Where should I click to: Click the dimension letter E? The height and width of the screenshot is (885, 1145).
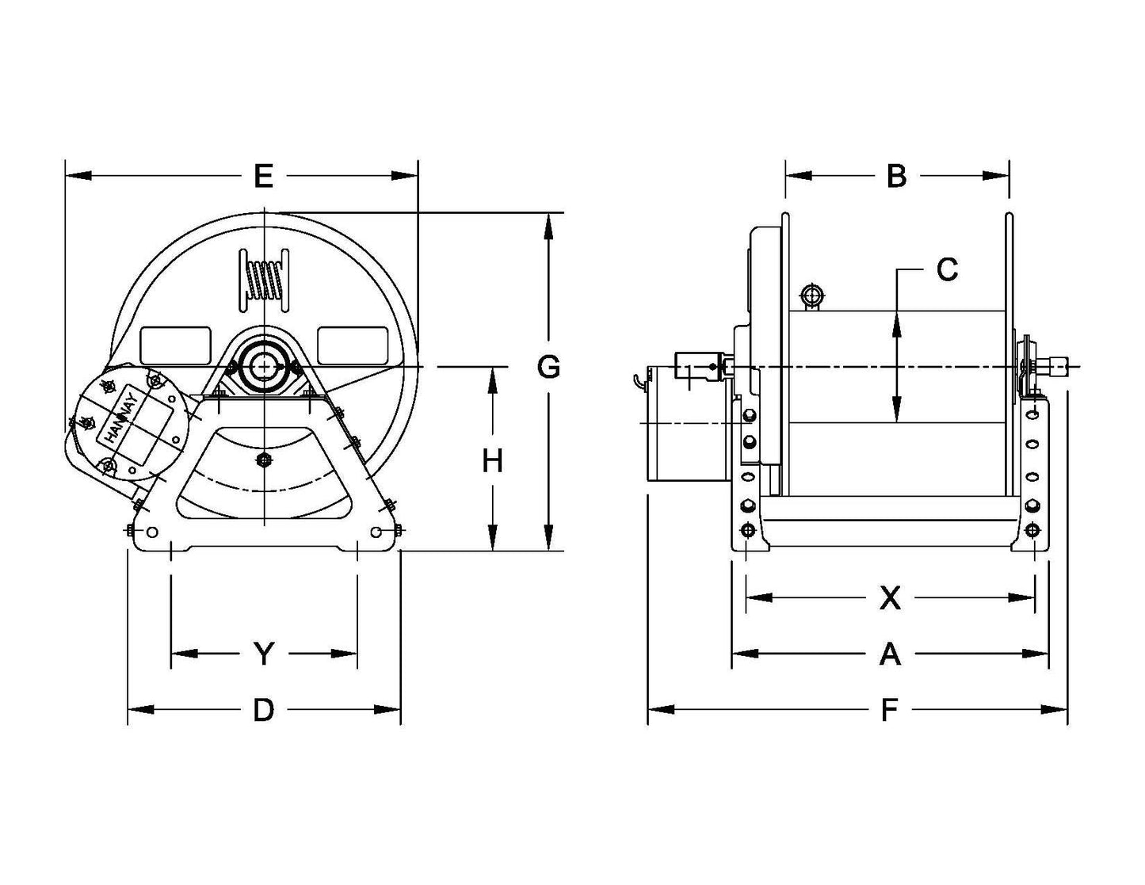[263, 176]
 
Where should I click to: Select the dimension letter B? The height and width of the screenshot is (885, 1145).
[896, 176]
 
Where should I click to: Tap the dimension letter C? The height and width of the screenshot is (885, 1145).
[947, 270]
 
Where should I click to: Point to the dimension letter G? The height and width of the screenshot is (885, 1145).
[548, 367]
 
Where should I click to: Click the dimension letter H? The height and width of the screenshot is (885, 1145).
[493, 460]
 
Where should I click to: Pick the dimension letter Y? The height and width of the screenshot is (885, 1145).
[263, 654]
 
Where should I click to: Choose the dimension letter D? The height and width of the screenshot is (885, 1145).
[263, 710]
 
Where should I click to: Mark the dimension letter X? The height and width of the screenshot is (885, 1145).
[891, 598]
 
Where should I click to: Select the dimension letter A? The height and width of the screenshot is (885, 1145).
[891, 654]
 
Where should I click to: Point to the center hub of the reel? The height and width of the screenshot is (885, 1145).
[262, 366]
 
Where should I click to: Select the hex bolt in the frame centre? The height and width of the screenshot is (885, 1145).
[263, 460]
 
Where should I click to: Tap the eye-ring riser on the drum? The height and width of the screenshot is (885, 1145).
[811, 297]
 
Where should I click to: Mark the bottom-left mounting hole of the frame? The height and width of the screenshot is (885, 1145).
[151, 532]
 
